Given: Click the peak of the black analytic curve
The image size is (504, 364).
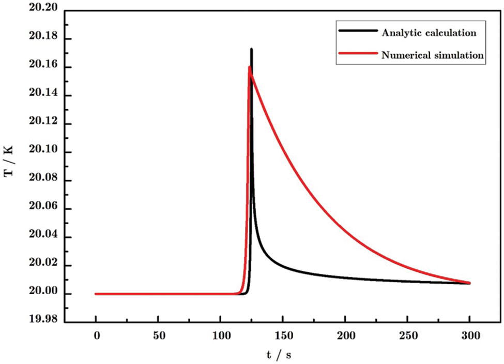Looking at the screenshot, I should [251, 50].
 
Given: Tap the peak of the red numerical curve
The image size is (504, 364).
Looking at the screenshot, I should [249, 67].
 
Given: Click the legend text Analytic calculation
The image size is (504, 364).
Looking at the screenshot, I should [429, 33].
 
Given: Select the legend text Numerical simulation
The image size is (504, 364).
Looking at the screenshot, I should [432, 55].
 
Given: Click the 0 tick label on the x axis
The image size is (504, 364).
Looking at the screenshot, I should [96, 336].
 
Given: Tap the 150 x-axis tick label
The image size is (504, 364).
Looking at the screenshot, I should [282, 336].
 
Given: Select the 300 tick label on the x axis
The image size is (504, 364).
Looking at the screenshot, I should [469, 336].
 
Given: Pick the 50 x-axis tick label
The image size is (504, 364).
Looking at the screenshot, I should [158, 336].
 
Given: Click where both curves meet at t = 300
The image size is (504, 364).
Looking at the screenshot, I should [469, 283].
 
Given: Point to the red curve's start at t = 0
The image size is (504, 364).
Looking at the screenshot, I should [96, 294].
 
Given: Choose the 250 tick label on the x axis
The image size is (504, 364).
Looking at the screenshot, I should [407, 336].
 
